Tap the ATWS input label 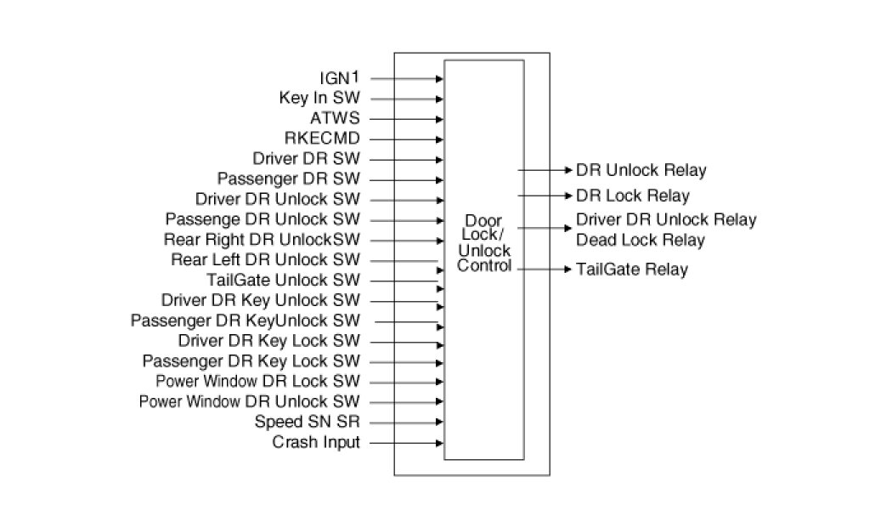coord(336,119)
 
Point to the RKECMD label coord(323,139)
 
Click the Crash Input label coord(316,442)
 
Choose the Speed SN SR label coord(308,422)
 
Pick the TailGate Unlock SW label coord(283,280)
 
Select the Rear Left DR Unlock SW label coord(265,259)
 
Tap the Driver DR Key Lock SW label coord(268,341)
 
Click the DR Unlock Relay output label coord(641,171)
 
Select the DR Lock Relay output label coord(633,196)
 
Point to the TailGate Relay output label coord(632,270)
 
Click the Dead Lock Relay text coord(641,241)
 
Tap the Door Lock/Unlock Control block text coord(484,243)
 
